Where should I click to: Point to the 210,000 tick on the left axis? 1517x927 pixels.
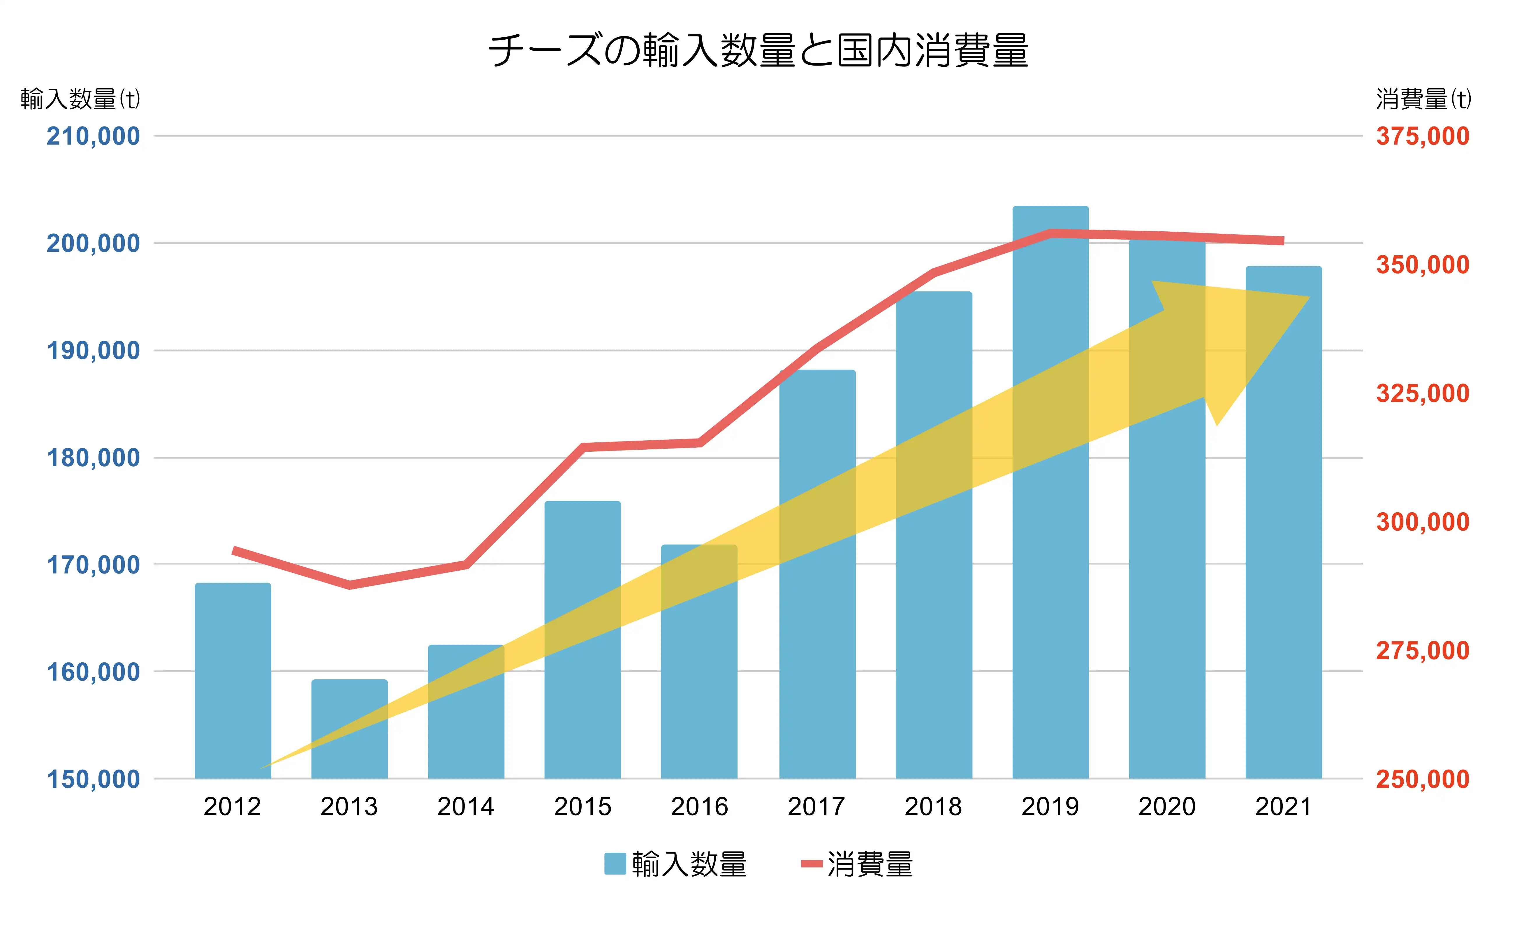pyautogui.click(x=94, y=136)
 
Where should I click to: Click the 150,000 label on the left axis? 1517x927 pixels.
pyautogui.click(x=94, y=779)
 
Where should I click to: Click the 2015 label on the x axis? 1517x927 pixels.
pyautogui.click(x=582, y=806)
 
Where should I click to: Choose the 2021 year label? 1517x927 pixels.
pyautogui.click(x=1284, y=806)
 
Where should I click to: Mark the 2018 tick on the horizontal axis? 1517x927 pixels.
pyautogui.click(x=933, y=806)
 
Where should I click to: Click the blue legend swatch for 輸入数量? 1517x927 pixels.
pyautogui.click(x=615, y=863)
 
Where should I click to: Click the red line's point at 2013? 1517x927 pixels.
pyautogui.click(x=350, y=585)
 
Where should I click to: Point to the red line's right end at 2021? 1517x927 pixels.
pyautogui.click(x=1282, y=241)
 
